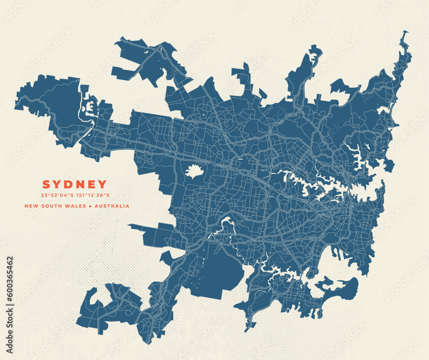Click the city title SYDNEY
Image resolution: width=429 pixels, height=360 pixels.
[74, 185]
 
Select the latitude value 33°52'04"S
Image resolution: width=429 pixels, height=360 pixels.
[57, 196]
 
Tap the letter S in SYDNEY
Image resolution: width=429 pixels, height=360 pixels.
[46, 185]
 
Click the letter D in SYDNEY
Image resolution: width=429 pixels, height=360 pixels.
[69, 185]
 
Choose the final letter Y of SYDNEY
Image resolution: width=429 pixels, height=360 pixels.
[103, 185]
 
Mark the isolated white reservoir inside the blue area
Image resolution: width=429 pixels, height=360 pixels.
[194, 171]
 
